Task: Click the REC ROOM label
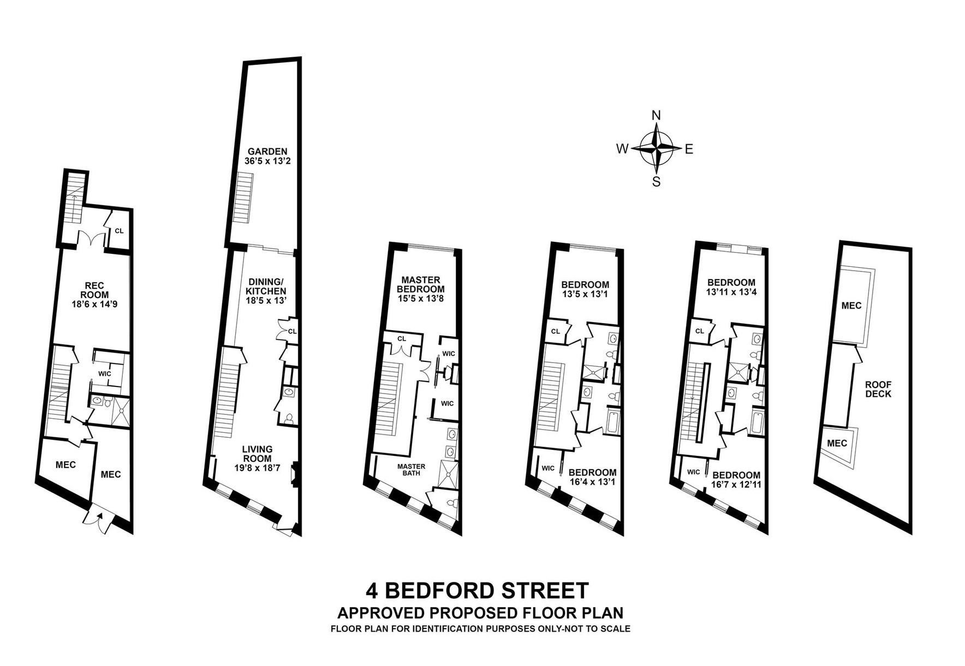pos(94,295)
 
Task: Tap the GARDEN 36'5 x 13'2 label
pos(267,156)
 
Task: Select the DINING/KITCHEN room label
pos(266,292)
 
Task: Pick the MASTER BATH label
pos(411,469)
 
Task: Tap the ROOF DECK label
pos(878,389)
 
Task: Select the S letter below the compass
pos(657,182)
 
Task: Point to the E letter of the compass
pos(689,148)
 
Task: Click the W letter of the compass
pos(622,148)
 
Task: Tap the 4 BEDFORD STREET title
pos(478,590)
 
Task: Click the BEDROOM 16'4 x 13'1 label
pos(592,477)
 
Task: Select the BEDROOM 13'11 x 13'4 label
pos(731,287)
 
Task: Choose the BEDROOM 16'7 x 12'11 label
pos(736,479)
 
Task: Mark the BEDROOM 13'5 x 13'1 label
pos(585,289)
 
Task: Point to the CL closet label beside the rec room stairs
pos(119,231)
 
